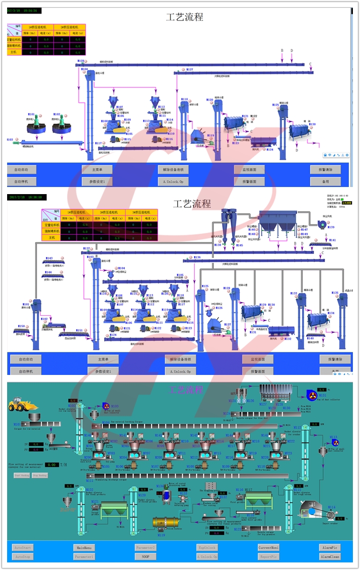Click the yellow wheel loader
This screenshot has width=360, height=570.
click(22, 405)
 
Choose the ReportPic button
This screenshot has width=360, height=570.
click(268, 557)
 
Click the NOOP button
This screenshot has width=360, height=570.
click(145, 557)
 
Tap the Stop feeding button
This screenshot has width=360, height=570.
click(40, 475)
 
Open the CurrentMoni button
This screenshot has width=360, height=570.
click(268, 548)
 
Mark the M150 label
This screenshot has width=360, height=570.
click(21, 326)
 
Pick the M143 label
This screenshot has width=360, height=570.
click(49, 258)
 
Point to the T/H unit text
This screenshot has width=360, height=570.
click(64, 465)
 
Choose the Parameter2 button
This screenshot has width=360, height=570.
click(145, 548)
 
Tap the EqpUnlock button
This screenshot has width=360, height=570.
click(207, 548)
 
